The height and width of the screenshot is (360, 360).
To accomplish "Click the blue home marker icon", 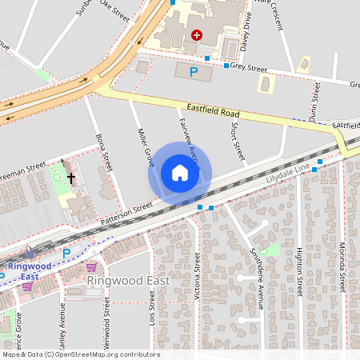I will click(x=180, y=173).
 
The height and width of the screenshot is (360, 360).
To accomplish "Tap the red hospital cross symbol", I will click(x=197, y=35).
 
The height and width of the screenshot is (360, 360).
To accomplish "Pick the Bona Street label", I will click(x=103, y=150).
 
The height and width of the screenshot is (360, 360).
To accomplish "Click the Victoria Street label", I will click(x=197, y=271).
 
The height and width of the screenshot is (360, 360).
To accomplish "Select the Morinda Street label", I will click(x=342, y=268).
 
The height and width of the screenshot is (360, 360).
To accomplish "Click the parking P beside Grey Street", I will click(x=193, y=72).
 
